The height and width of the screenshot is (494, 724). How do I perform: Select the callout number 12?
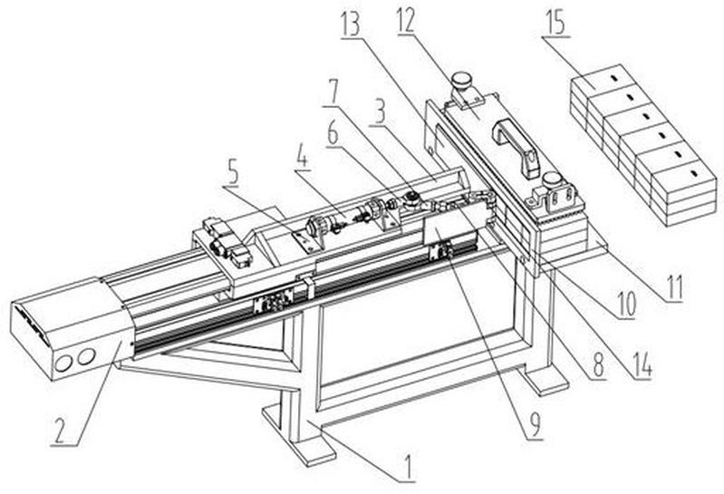pyautogui.click(x=405, y=19)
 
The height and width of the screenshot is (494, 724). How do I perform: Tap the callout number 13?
pyautogui.click(x=350, y=23)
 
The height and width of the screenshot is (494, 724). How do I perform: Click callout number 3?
pyautogui.click(x=380, y=111)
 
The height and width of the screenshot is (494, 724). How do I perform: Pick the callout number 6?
pyautogui.click(x=333, y=133)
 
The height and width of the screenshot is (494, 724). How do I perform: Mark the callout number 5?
pyautogui.click(x=231, y=171)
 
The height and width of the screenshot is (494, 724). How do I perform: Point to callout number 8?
pyautogui.click(x=598, y=364)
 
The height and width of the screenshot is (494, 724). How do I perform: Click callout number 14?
pyautogui.click(x=642, y=365)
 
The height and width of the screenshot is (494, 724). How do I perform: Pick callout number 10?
pyautogui.click(x=625, y=304)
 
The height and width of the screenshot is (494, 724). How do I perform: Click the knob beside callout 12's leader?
pyautogui.click(x=460, y=82)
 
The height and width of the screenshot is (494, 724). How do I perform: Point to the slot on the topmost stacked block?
pyautogui.click(x=613, y=78)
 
